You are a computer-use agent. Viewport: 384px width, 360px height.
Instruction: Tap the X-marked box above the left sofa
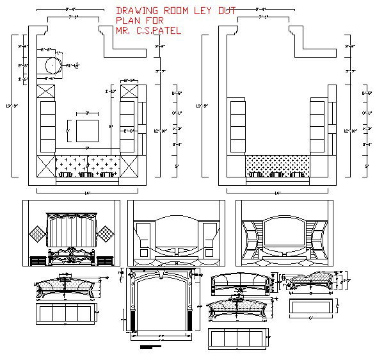pyautogui.click(x=47, y=90)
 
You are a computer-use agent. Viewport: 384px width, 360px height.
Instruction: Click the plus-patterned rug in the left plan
pyautogui.click(x=88, y=163)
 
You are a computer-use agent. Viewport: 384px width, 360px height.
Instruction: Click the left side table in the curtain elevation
pyautogui.click(x=38, y=260)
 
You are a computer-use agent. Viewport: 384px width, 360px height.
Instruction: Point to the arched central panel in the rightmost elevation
pyautogui.click(x=284, y=234)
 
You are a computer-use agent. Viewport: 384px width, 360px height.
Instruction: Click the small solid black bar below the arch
pyautogui.click(x=148, y=347)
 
